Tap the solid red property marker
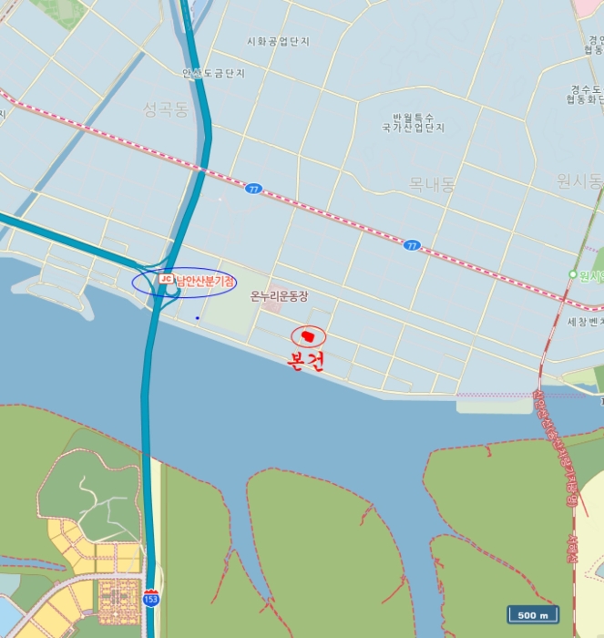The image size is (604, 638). click(308, 336)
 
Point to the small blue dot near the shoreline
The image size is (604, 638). click(197, 318)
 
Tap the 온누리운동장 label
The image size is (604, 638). click(280, 295)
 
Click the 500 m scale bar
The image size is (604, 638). click(533, 615)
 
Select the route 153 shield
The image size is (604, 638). click(150, 598)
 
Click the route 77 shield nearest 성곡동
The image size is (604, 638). click(253, 189)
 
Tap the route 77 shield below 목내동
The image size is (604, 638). click(413, 246)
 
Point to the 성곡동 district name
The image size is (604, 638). click(165, 110)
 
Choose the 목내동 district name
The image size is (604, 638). click(432, 185)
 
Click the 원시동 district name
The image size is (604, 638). click(579, 181)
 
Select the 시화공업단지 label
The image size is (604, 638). click(279, 42)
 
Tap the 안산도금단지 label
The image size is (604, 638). click(213, 73)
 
